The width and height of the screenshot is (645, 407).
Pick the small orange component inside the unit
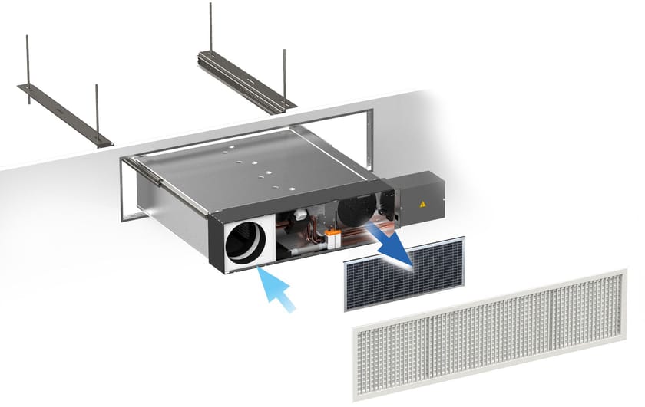(332, 235)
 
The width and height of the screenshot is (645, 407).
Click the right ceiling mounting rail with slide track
(246, 82)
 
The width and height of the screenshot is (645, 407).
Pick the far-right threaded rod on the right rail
(284, 77)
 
